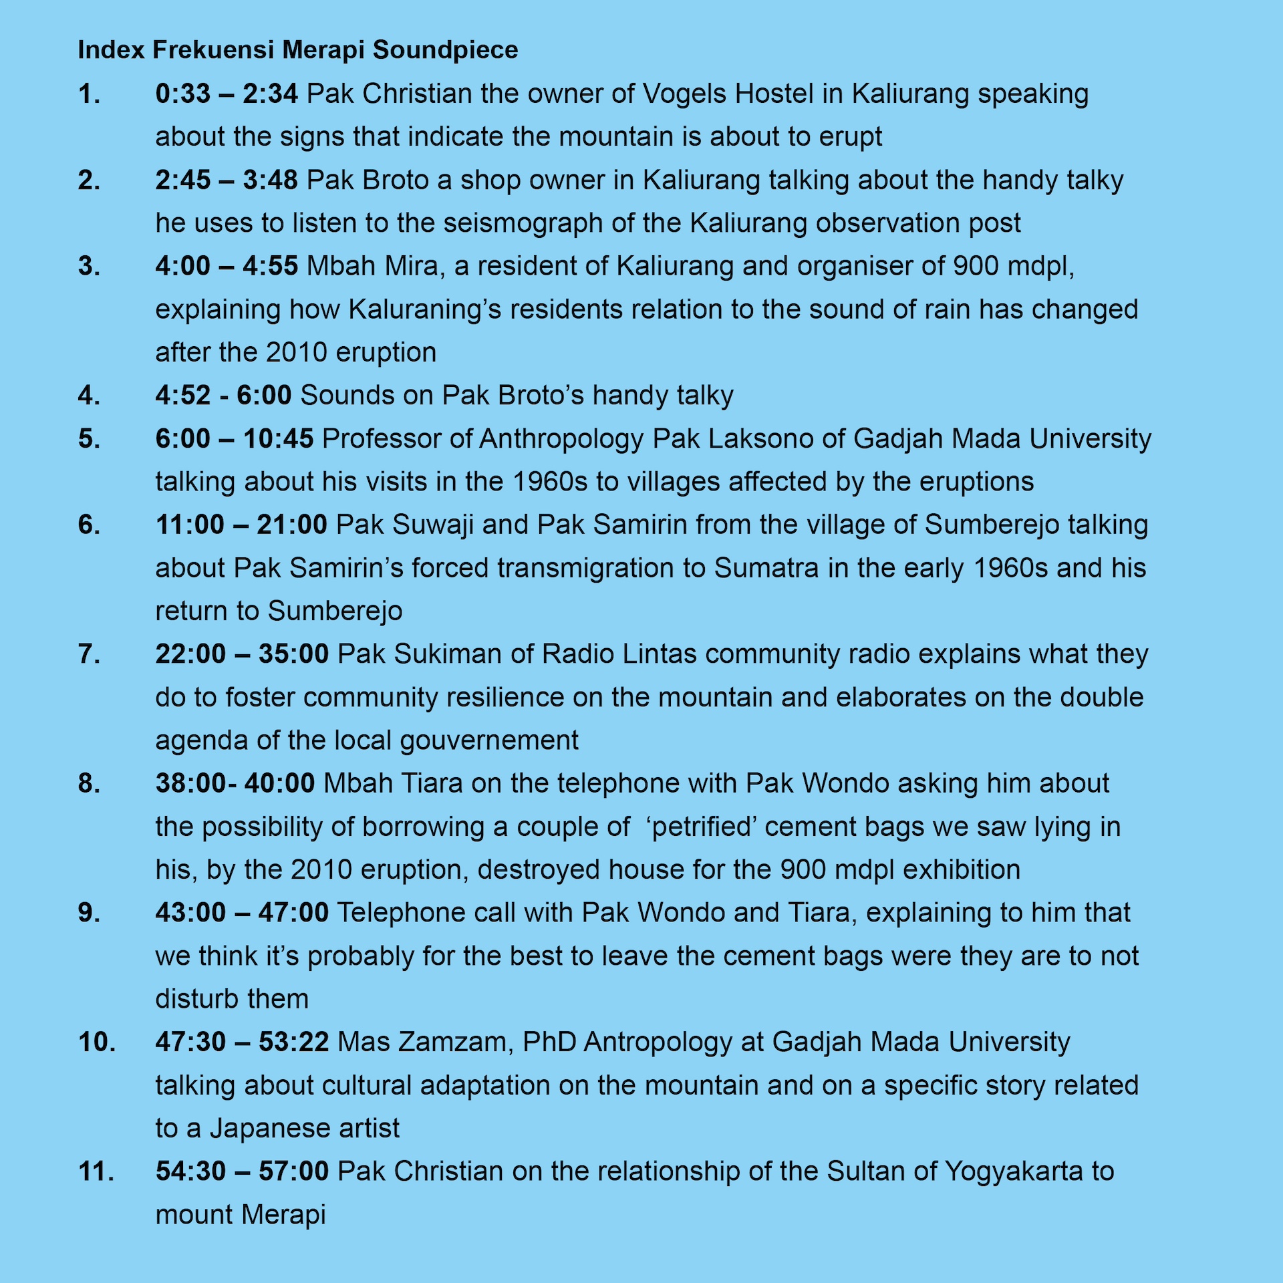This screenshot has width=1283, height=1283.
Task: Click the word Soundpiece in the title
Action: pos(445,50)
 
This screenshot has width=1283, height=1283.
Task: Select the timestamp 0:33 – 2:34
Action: pos(227,94)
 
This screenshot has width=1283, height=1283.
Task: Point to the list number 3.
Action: pos(89,266)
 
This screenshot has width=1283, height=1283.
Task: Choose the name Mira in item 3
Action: pos(413,266)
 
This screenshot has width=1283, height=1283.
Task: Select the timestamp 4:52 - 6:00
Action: pos(223,395)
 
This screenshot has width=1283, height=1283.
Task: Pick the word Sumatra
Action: pos(766,568)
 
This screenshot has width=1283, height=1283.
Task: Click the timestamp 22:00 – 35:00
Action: pos(242,654)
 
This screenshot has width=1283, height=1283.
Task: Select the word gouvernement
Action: pos(490,740)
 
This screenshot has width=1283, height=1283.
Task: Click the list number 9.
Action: pos(89,913)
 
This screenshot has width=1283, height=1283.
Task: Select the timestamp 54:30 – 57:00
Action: pos(242,1171)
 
